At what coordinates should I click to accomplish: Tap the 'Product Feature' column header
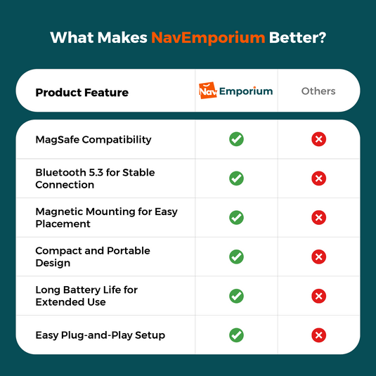point(82,92)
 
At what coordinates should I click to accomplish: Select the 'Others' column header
point(318,91)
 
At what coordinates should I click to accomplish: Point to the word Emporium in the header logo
point(245,91)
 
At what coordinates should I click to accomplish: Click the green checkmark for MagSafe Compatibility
point(237,139)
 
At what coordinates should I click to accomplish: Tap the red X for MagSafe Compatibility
point(318,139)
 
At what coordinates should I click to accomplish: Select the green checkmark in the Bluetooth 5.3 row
point(237,179)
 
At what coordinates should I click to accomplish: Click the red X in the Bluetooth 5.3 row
point(318,179)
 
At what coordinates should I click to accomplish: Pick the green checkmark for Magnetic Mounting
point(237,217)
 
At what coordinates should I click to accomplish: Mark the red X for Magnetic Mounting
point(318,217)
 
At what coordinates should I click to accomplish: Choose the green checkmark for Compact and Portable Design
point(237,257)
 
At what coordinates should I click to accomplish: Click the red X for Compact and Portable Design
point(318,257)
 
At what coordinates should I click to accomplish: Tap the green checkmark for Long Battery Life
point(237,296)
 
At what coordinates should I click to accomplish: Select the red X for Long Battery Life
point(318,296)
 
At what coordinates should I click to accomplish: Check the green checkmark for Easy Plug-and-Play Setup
point(237,335)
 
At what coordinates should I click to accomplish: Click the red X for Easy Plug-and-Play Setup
point(318,335)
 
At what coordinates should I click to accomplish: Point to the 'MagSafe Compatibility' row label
point(93,139)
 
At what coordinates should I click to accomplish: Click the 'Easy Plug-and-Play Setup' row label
point(101,335)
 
